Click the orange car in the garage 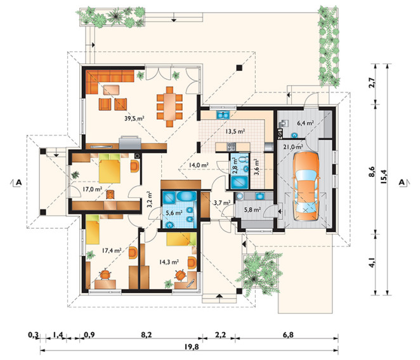pyautogui.click(x=306, y=186)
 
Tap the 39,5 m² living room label pyautogui.click(x=135, y=118)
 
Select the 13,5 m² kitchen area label pyautogui.click(x=235, y=131)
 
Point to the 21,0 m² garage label pyautogui.click(x=293, y=146)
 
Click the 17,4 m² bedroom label pyautogui.click(x=112, y=250)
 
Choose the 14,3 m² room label pyautogui.click(x=169, y=262)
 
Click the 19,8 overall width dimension pyautogui.click(x=192, y=347)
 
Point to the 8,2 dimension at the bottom pyautogui.click(x=147, y=335)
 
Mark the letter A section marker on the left pyautogui.click(x=18, y=183)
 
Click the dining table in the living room pyautogui.click(x=169, y=106)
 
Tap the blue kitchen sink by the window pyautogui.click(x=223, y=115)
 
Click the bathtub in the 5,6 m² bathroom pyautogui.click(x=186, y=196)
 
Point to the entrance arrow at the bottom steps pyautogui.click(x=220, y=296)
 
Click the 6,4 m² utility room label pyautogui.click(x=305, y=123)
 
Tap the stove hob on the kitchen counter pyautogui.click(x=231, y=146)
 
